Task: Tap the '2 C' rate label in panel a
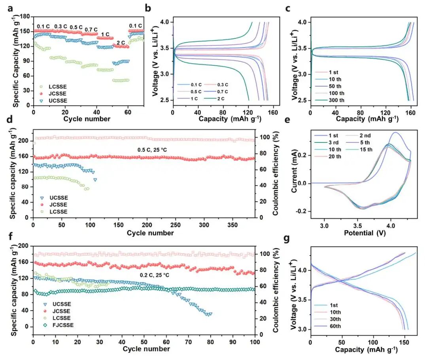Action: (x=121, y=42)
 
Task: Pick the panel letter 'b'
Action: (x=147, y=8)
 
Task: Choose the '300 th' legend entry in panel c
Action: (x=336, y=100)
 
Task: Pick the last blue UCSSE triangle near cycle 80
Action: (x=210, y=314)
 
